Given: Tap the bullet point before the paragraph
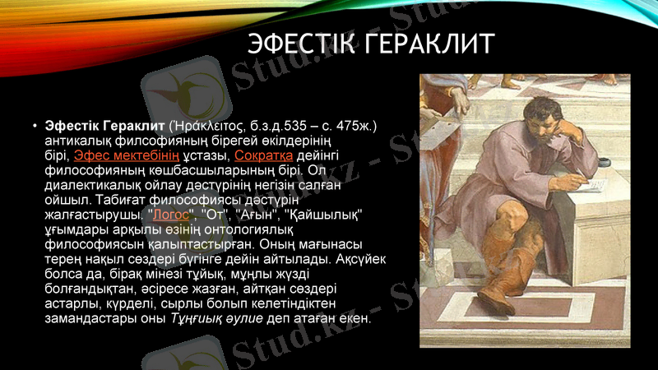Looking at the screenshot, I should tap(34, 127).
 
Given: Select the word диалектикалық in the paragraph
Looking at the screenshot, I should tap(86, 185).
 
